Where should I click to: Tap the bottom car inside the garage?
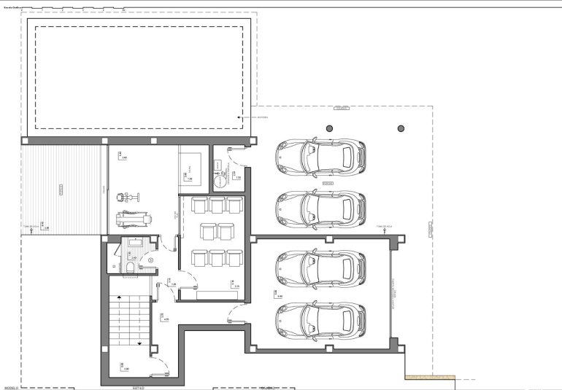[320, 319]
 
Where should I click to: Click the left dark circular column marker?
[329, 128]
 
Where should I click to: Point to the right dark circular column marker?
[401, 128]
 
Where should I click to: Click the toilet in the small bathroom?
[129, 268]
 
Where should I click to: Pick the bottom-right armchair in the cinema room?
[234, 257]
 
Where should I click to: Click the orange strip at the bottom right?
[431, 378]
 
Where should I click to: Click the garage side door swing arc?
[235, 315]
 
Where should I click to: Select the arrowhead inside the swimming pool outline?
[239, 117]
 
